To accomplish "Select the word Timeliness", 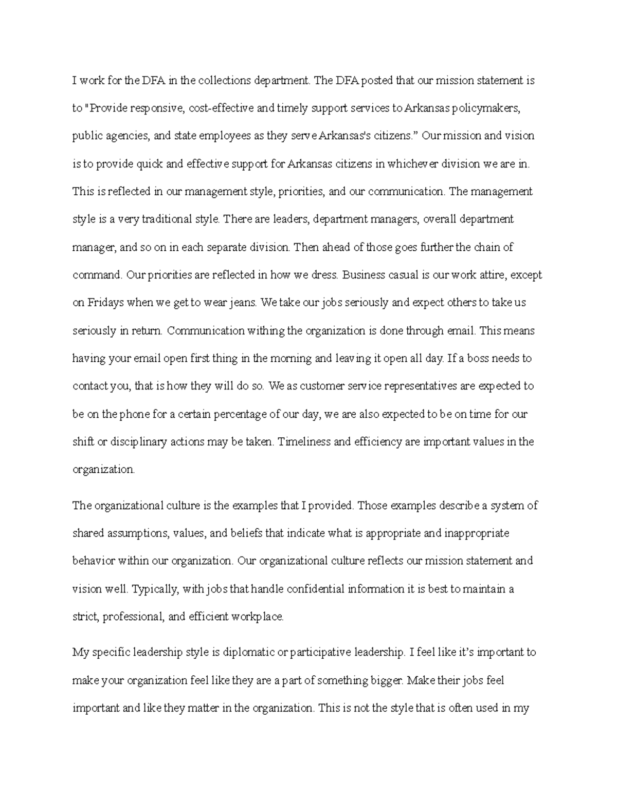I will [x=304, y=441].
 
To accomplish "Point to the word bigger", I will [x=386, y=681].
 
